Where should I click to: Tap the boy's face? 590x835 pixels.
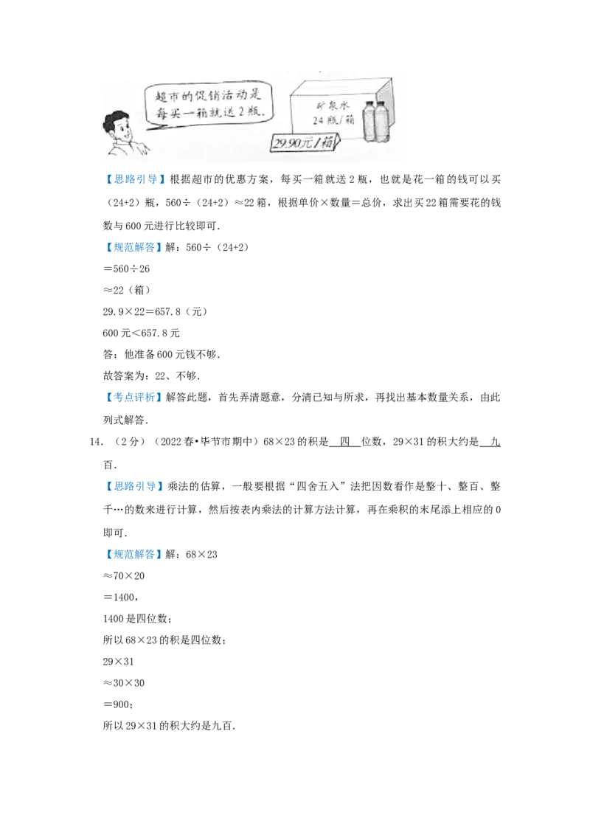pyautogui.click(x=122, y=133)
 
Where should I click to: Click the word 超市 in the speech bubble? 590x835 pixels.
pyautogui.click(x=157, y=94)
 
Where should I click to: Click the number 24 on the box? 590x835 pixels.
pyautogui.click(x=318, y=120)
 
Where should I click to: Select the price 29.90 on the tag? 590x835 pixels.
pyautogui.click(x=287, y=143)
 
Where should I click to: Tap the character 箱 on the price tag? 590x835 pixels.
pyautogui.click(x=324, y=143)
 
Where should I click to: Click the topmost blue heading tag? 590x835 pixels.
pyautogui.click(x=135, y=180)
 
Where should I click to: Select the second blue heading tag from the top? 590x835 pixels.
pyautogui.click(x=135, y=248)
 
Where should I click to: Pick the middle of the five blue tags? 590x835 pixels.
pyautogui.click(x=135, y=398)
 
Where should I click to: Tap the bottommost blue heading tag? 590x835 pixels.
pyautogui.click(x=135, y=555)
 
